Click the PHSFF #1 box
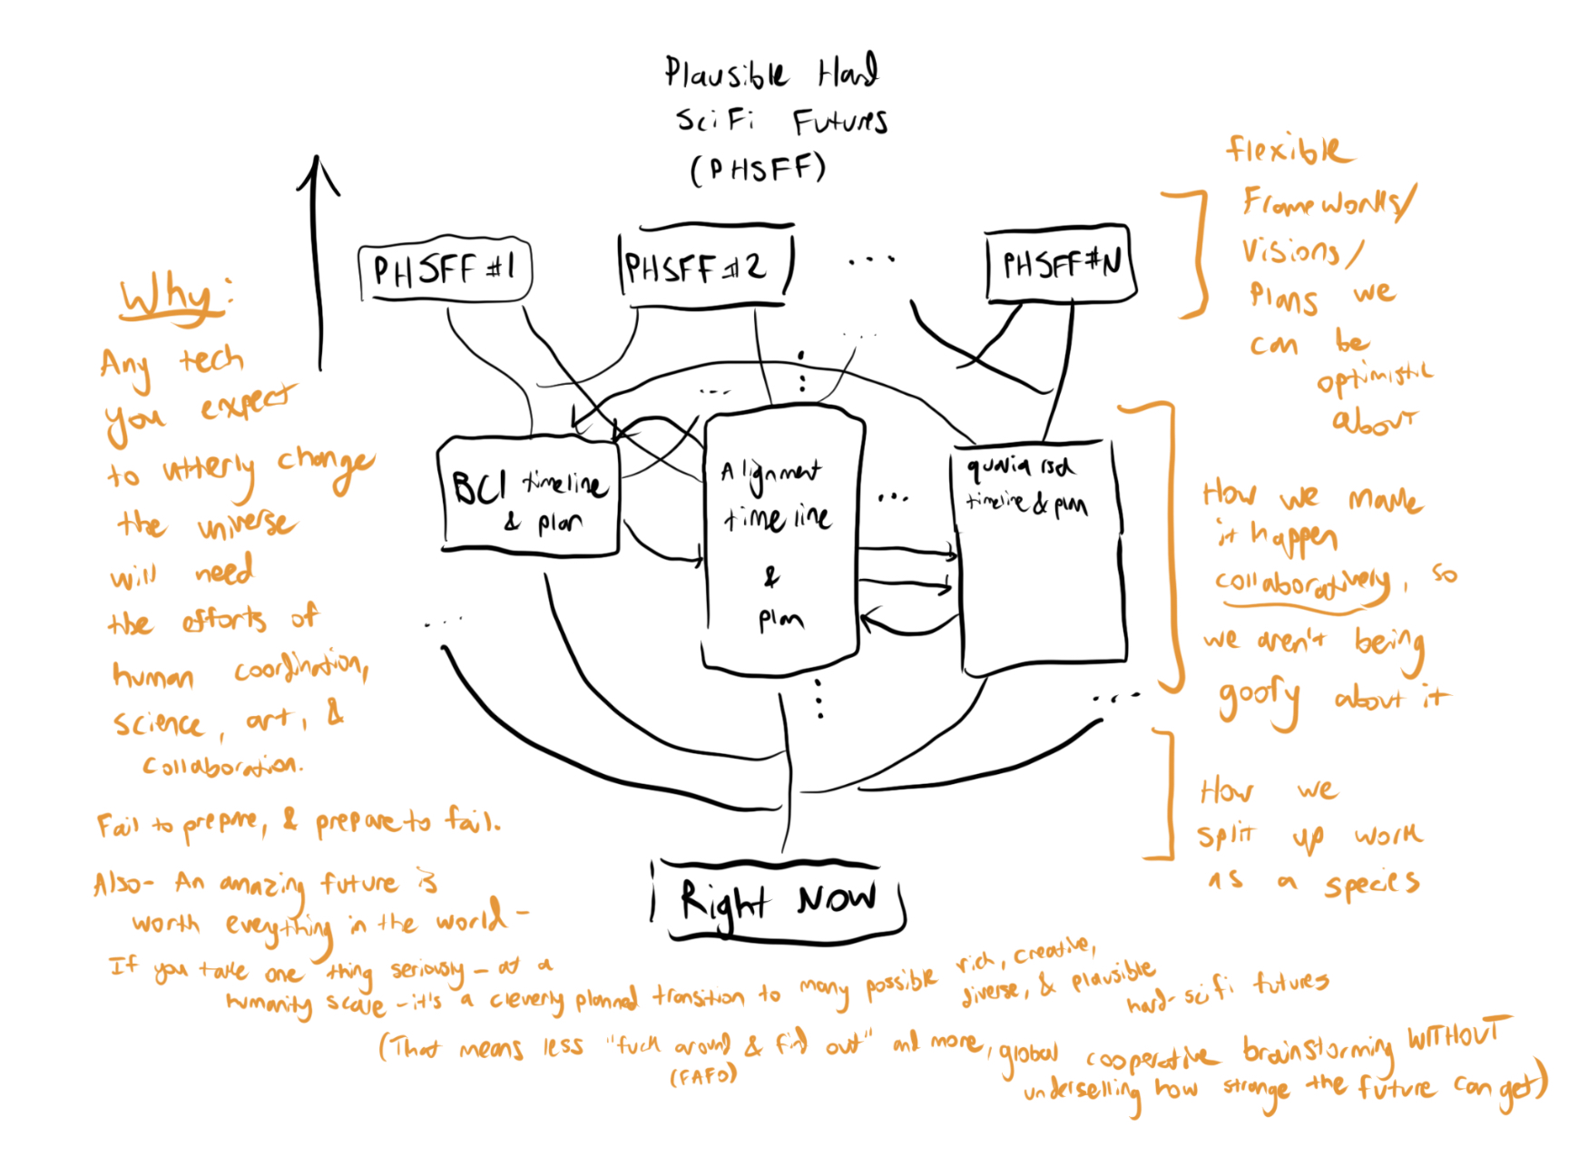click(x=445, y=270)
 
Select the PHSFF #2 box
click(x=703, y=267)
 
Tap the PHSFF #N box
click(x=1060, y=264)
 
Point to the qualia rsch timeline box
click(x=1040, y=555)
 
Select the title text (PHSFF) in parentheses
click(x=759, y=169)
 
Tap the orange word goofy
click(x=1260, y=700)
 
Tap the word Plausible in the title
click(x=726, y=73)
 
